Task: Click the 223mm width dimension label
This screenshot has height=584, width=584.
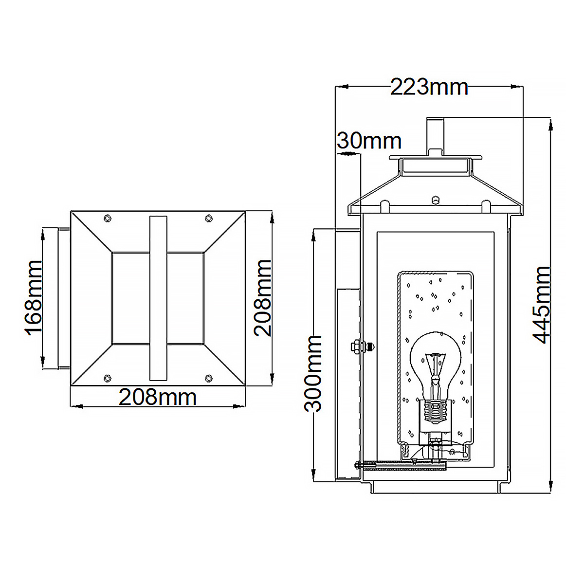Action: [429, 88]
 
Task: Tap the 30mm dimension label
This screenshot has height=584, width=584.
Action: [369, 141]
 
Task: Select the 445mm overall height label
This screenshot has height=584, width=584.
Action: [541, 305]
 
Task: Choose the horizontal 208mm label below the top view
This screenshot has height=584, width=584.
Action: [158, 398]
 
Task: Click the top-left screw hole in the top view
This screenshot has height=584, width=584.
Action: [108, 218]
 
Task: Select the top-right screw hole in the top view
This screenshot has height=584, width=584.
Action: [209, 218]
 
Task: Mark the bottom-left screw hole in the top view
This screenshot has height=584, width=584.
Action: [108, 378]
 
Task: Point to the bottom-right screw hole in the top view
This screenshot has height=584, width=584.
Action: [209, 378]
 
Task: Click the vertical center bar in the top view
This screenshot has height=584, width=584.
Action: [158, 297]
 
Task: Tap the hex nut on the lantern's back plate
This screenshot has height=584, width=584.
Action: [356, 347]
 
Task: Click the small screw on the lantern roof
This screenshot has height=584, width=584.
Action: [436, 199]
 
